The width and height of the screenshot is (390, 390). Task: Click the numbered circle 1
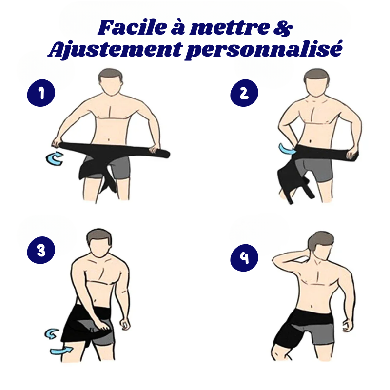(41, 93)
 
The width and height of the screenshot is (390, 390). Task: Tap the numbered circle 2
(244, 93)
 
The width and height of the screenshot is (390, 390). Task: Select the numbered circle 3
(41, 250)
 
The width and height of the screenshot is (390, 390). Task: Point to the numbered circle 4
(244, 258)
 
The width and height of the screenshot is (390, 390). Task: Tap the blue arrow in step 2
(287, 149)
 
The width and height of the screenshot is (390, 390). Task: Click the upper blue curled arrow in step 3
(51, 334)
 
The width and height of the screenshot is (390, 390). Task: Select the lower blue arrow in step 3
(61, 351)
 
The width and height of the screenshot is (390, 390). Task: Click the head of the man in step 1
(111, 81)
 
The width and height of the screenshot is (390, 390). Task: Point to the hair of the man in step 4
(320, 240)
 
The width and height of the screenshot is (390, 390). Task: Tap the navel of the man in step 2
(310, 141)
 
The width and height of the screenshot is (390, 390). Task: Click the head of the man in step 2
(316, 82)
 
